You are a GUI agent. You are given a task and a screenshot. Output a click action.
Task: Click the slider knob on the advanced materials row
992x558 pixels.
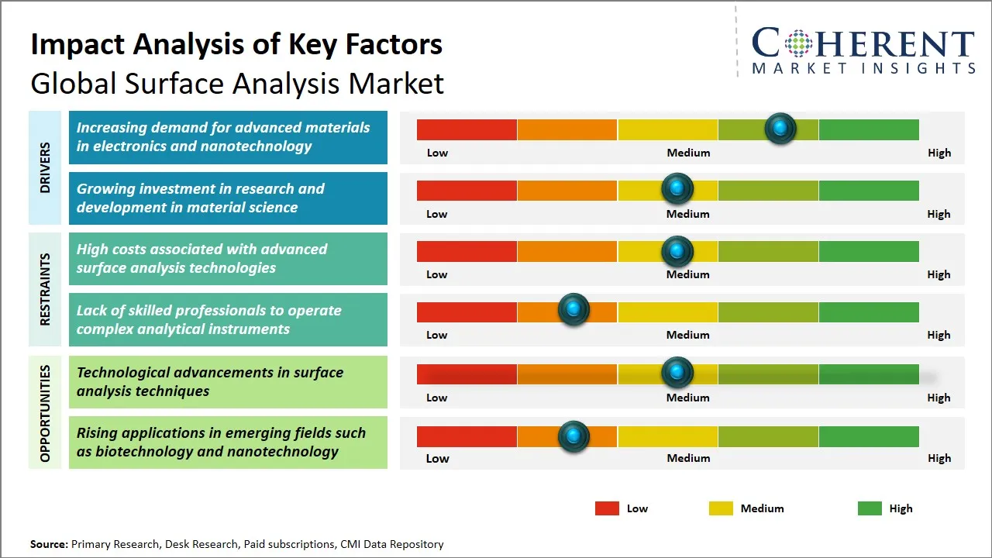(780, 129)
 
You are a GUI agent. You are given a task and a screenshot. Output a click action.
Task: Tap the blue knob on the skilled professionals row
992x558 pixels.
(573, 310)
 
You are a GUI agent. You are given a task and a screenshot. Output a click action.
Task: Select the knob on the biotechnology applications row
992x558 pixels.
(573, 436)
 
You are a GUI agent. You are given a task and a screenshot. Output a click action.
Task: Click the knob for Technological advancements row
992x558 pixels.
(677, 374)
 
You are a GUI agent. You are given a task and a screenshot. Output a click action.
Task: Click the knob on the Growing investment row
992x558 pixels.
(677, 189)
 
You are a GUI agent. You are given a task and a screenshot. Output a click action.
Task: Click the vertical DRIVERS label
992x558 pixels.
(45, 167)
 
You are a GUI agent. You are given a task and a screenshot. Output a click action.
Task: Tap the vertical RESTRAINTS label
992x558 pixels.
(45, 289)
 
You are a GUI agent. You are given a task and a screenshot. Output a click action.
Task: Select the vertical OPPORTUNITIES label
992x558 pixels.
(45, 412)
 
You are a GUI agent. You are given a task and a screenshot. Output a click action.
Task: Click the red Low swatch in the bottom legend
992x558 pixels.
(607, 508)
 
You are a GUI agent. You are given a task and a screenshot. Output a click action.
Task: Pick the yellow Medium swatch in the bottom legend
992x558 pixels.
(721, 508)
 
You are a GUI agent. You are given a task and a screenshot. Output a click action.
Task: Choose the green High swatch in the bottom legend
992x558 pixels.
(870, 508)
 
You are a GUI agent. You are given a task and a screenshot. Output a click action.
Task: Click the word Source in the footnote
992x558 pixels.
(49, 545)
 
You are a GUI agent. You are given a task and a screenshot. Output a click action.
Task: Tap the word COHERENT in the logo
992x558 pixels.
(863, 43)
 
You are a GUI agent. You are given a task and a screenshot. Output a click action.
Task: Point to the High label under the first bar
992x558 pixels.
(939, 153)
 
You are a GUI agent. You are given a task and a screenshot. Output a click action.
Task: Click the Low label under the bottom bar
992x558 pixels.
(437, 458)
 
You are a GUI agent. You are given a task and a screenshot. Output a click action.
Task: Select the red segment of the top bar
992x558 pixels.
(467, 129)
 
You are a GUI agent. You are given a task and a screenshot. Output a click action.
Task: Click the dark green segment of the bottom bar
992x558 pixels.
(868, 436)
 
